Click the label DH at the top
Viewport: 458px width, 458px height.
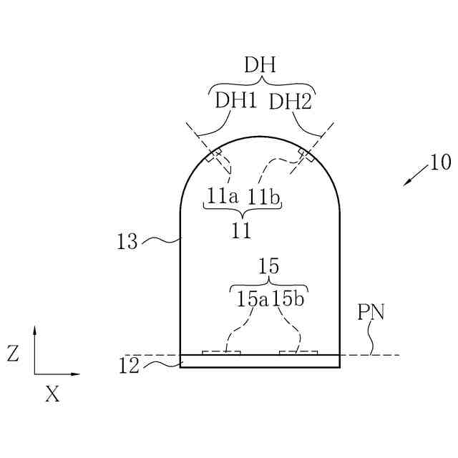pos(260,66)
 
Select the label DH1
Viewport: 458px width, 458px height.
pos(235,101)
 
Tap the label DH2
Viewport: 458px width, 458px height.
pos(290,102)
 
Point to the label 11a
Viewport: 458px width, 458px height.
pos(223,195)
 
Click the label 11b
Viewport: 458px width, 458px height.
pos(265,195)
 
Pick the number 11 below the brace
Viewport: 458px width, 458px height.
pos(242,230)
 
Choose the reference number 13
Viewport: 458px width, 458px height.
pos(127,242)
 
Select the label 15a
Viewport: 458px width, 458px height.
pos(251,299)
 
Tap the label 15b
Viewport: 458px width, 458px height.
pos(289,299)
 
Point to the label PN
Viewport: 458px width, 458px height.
pos(371,313)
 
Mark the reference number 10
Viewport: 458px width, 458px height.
pos(441,163)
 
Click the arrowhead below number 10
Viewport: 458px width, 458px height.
pos(405,184)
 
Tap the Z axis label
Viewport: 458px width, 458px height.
pos(13,353)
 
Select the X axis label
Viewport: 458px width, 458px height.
pos(52,394)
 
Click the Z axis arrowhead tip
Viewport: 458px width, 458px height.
pos(34,326)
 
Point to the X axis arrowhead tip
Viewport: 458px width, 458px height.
pos(79,374)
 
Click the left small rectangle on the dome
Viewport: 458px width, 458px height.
pos(214,155)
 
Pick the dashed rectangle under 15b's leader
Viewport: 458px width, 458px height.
pos(298,352)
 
